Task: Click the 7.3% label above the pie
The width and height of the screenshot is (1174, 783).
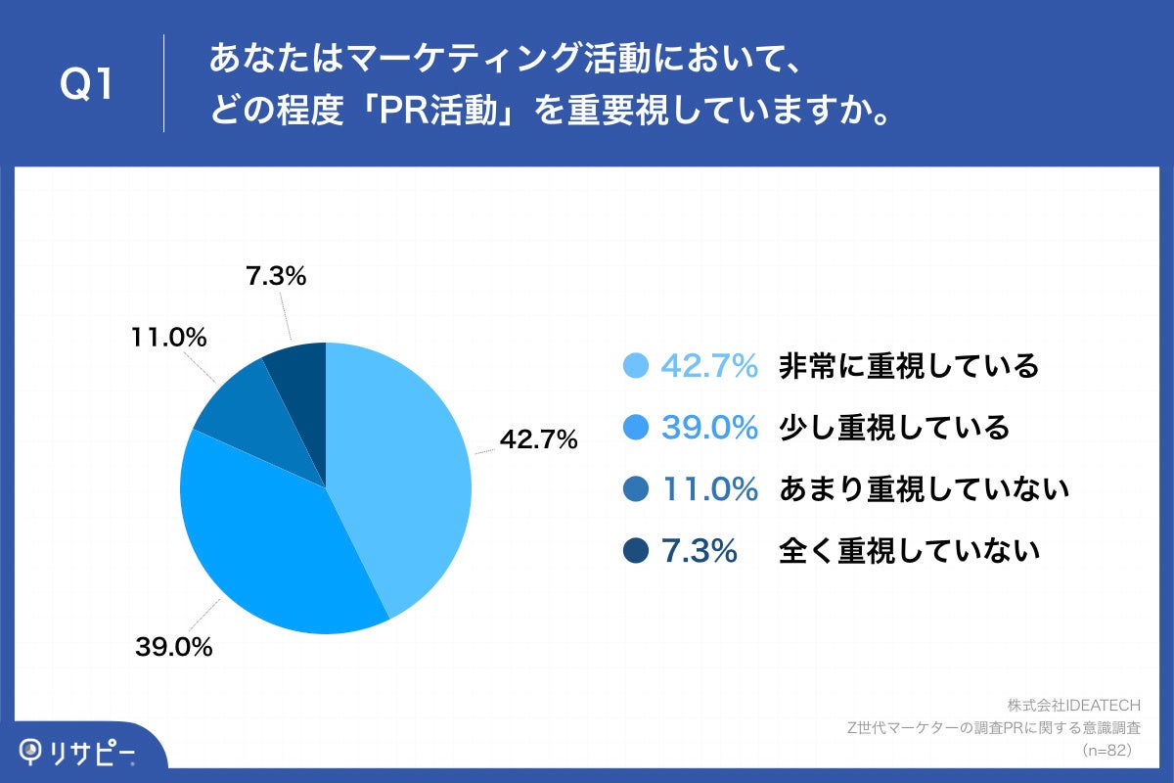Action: (x=276, y=276)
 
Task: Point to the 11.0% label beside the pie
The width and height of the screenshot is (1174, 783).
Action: (x=168, y=337)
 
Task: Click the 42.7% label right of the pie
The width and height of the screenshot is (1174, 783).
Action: (x=538, y=438)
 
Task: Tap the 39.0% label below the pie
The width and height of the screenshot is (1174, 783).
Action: (x=174, y=647)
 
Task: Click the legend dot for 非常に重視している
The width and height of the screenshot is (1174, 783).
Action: (x=636, y=365)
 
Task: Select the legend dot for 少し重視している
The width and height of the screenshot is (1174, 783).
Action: (x=636, y=427)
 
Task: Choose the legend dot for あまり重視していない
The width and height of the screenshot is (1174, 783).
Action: (x=636, y=488)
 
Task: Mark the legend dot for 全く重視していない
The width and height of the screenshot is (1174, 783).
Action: (x=636, y=550)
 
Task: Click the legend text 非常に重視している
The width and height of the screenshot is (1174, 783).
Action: (x=909, y=365)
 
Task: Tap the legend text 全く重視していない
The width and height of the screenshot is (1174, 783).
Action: (x=909, y=551)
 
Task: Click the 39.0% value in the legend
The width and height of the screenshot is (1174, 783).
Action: (x=709, y=427)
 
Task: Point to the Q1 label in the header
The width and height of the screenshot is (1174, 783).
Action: (x=86, y=84)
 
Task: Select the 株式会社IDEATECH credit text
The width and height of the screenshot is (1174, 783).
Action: (x=1074, y=706)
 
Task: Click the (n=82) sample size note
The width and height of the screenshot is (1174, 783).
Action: (x=1107, y=751)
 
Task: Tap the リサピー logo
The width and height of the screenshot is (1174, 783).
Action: (x=77, y=753)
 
